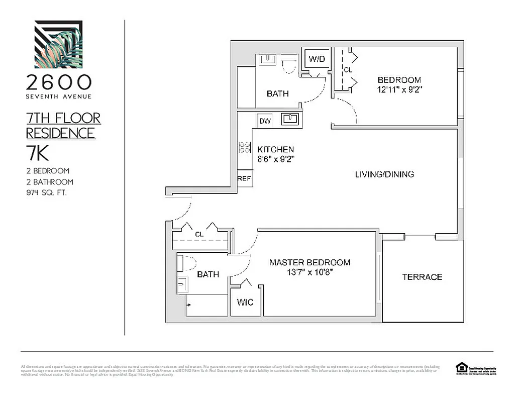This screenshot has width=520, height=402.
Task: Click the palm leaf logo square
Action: point(58,44)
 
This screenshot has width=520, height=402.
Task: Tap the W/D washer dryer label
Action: point(317,59)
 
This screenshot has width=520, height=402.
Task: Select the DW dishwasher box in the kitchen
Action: point(265,121)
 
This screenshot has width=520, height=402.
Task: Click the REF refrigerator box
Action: point(244,178)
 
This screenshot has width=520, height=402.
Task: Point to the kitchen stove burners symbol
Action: point(244,147)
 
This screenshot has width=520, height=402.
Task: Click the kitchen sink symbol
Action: point(290,119)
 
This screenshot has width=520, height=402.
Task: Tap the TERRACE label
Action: point(422,277)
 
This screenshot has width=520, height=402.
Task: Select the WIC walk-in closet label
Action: point(245,302)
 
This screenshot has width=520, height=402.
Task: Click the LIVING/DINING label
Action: point(384,174)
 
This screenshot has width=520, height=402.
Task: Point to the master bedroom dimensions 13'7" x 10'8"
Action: point(309,272)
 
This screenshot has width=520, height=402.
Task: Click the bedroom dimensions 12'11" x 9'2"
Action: point(399,90)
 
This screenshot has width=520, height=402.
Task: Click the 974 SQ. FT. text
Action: point(46,193)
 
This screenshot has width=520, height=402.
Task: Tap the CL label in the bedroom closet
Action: point(348,70)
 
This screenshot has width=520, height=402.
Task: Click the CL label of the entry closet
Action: point(199,234)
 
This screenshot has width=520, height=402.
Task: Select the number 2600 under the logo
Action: point(59,82)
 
